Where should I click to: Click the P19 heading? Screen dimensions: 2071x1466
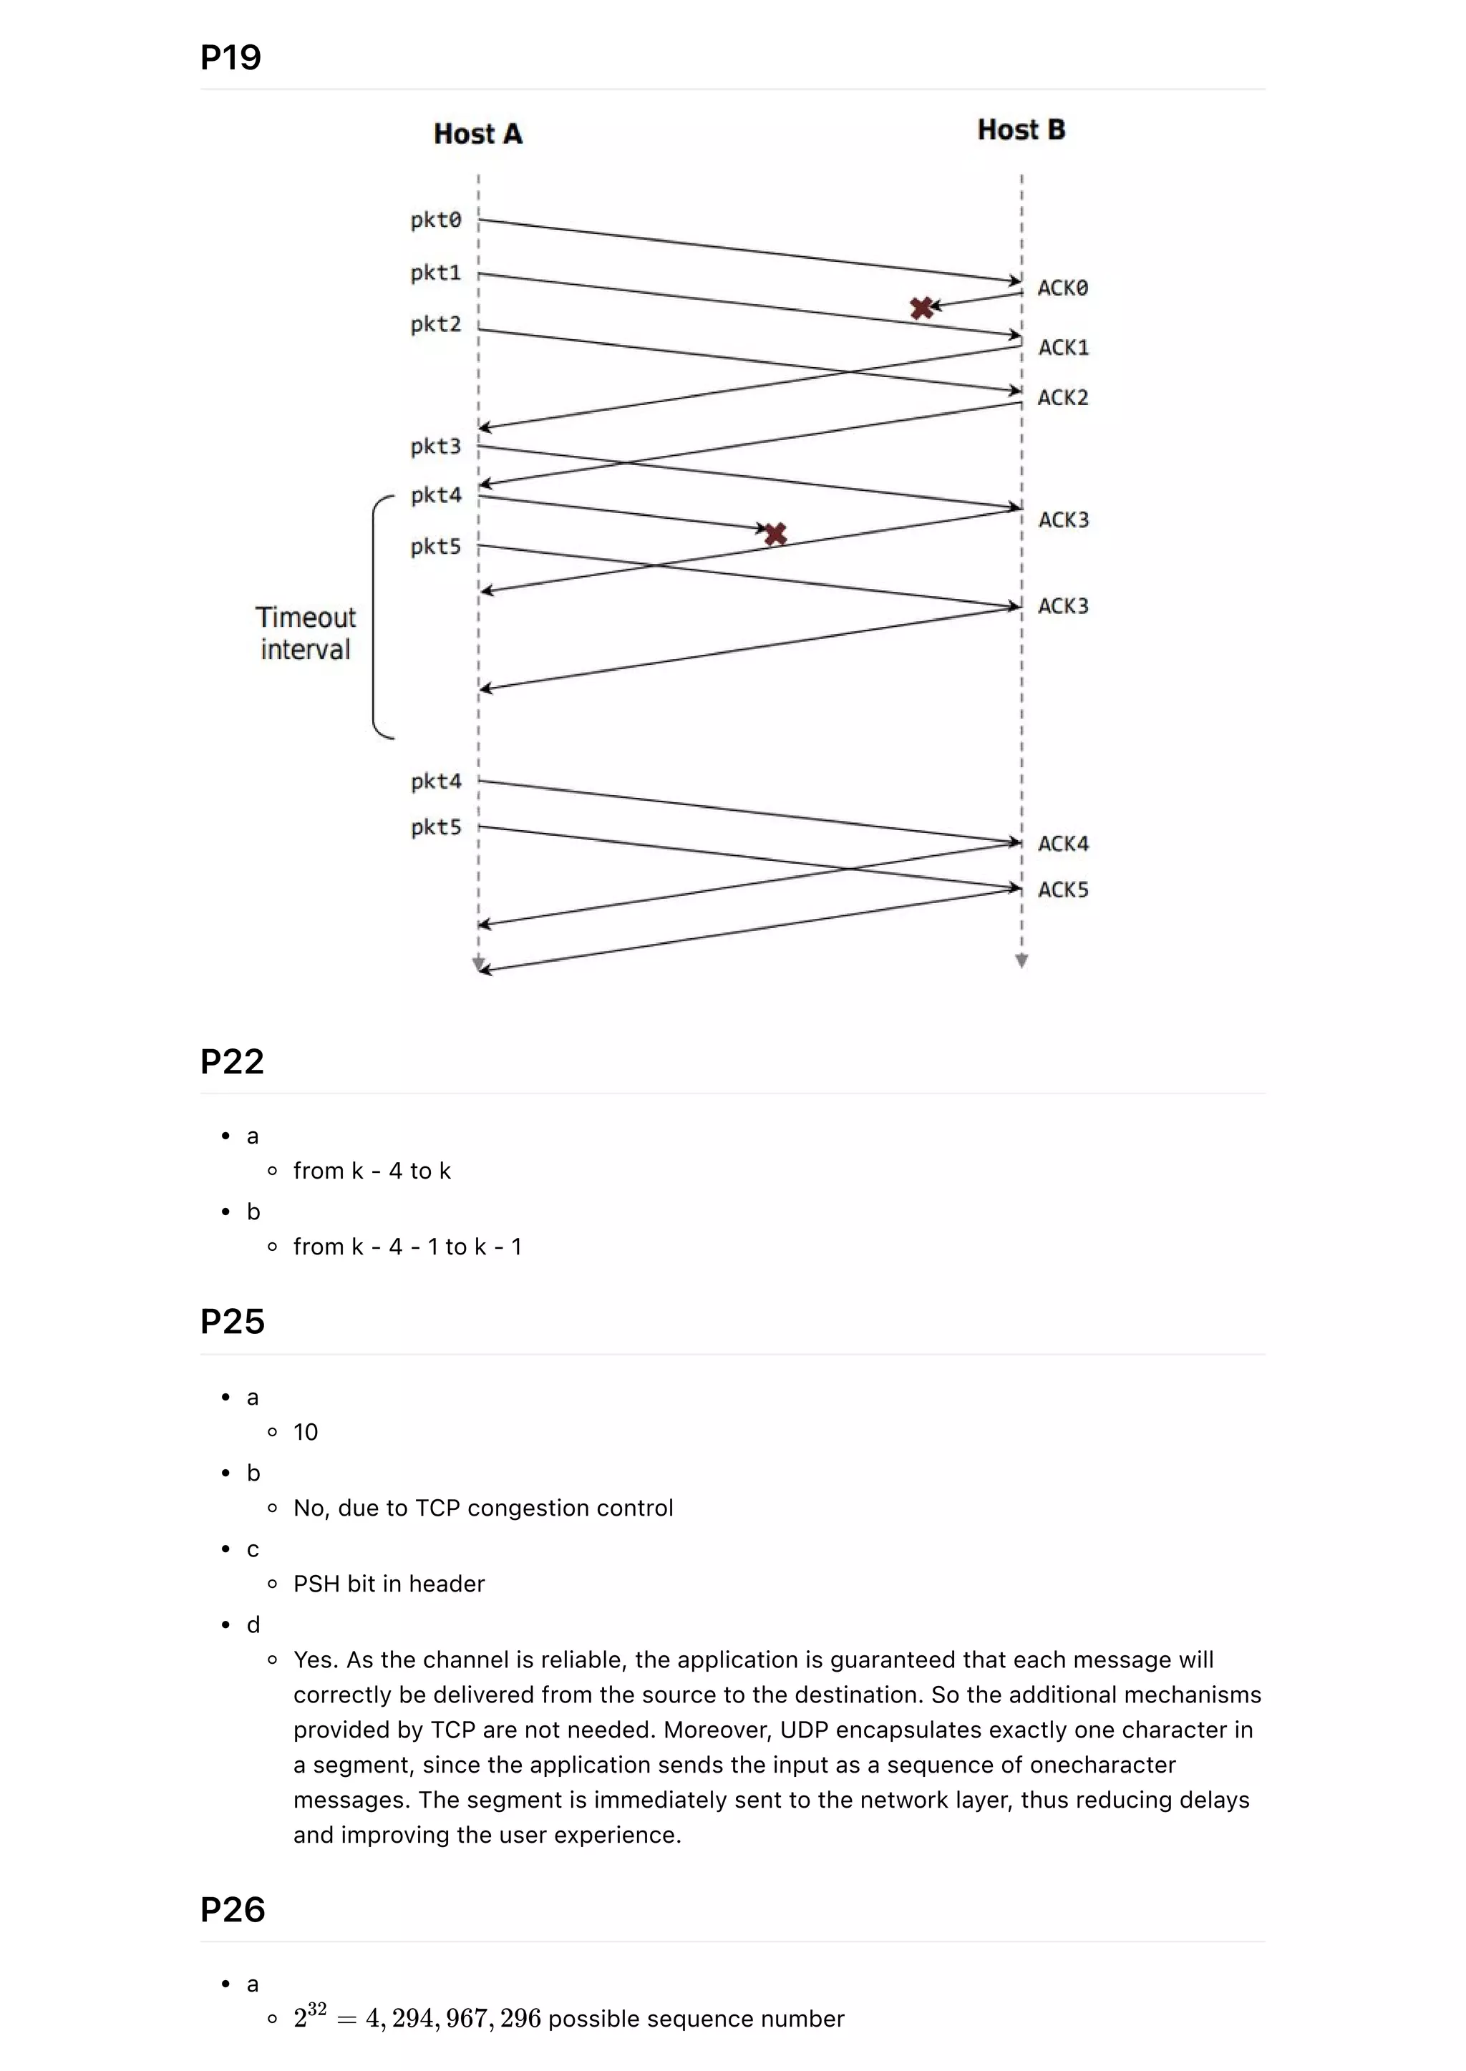point(230,58)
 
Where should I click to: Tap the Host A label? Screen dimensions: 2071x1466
point(477,134)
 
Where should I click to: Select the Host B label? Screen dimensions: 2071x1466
point(1021,130)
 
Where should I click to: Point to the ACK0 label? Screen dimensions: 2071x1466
point(1062,288)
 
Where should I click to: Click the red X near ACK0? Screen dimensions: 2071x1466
point(922,308)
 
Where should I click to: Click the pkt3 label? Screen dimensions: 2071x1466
point(435,447)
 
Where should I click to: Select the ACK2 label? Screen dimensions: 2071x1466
point(1062,398)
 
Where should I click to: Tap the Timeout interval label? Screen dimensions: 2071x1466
point(305,633)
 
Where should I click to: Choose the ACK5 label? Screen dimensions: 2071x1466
point(1062,890)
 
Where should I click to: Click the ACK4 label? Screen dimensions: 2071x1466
point(1062,844)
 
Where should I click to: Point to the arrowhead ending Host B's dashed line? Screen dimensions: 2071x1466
point(1021,962)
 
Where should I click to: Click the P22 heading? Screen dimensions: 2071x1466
point(232,1061)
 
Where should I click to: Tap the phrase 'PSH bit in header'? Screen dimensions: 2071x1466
point(389,1584)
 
